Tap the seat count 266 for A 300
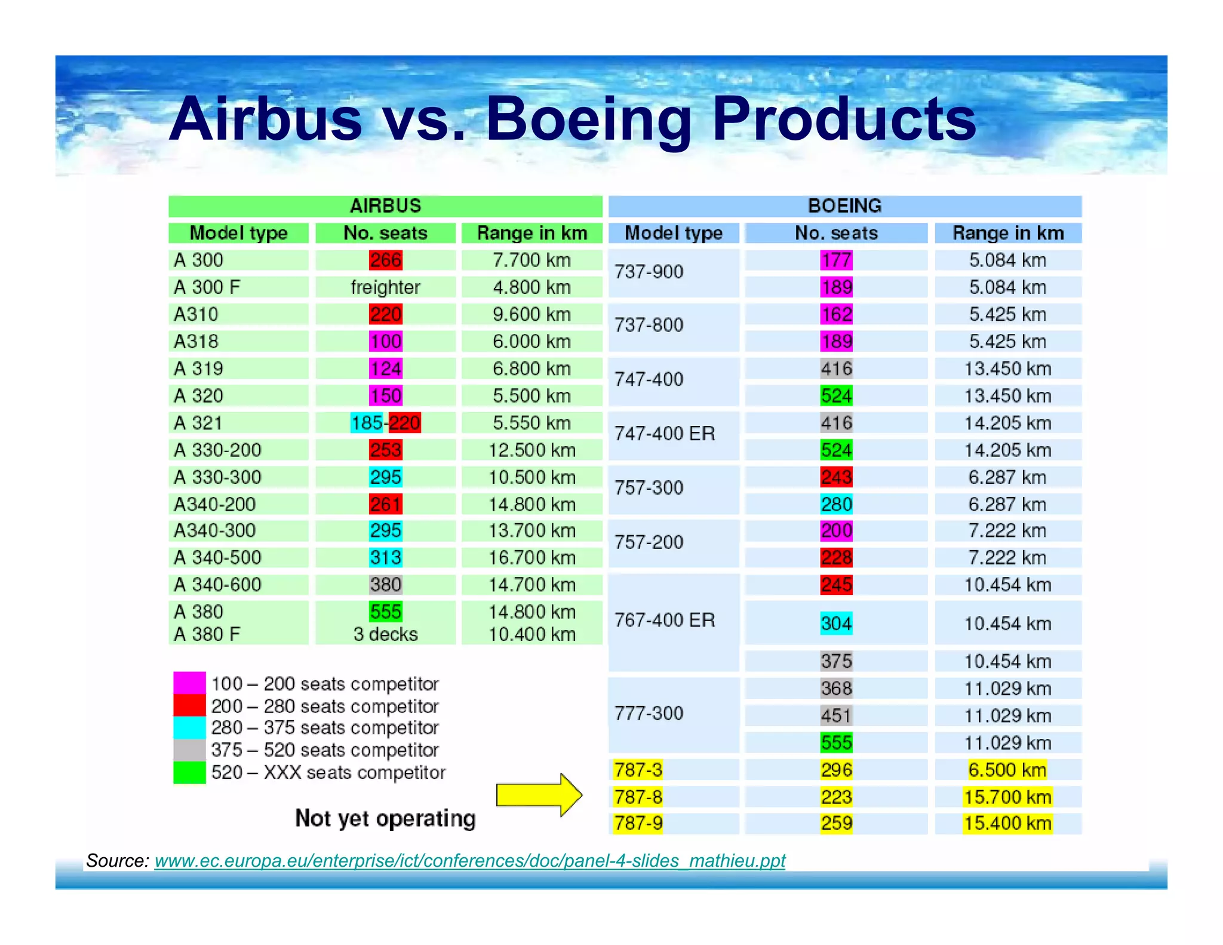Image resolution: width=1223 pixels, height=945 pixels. (x=386, y=260)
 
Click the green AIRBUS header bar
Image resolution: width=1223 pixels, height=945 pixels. (x=385, y=206)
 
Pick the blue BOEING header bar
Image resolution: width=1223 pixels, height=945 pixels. (x=844, y=206)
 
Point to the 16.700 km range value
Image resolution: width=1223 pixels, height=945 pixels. (x=532, y=558)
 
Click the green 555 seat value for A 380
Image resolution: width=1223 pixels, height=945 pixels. (x=386, y=612)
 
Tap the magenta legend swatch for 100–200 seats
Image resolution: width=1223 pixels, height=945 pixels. (x=189, y=683)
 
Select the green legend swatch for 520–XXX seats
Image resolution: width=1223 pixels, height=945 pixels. (x=189, y=772)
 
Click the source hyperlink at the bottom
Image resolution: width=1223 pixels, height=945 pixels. (x=470, y=861)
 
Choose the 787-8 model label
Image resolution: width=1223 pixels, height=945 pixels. (x=638, y=797)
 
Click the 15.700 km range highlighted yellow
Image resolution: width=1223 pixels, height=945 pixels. (x=1007, y=797)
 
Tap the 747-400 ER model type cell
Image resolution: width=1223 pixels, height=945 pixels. (x=665, y=434)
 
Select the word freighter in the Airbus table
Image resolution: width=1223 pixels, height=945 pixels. (x=386, y=287)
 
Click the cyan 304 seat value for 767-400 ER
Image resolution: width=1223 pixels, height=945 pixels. (x=836, y=624)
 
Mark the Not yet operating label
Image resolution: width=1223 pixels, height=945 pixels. (x=385, y=818)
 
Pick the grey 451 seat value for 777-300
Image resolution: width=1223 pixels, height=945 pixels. (x=836, y=716)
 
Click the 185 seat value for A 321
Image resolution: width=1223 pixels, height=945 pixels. (x=367, y=423)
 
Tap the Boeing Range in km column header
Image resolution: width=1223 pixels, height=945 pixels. (x=1008, y=233)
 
